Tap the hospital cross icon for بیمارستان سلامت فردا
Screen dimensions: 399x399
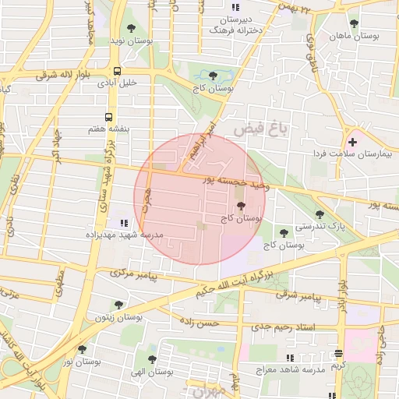pos(353,142)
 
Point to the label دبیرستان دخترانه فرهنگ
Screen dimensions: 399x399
pos(233,24)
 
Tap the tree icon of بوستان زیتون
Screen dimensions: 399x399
pos(118,305)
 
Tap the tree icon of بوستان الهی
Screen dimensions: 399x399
pos(152,359)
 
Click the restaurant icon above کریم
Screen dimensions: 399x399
pos(337,353)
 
